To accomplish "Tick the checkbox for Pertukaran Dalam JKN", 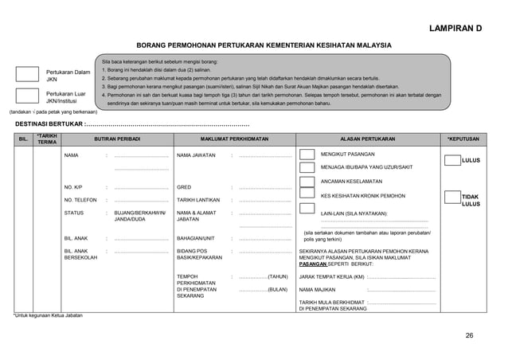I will click(x=27, y=75).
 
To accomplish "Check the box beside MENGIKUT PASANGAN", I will click(x=307, y=154).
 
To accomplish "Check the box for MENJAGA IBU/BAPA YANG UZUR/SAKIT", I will click(x=307, y=167).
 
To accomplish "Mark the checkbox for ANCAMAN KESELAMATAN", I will click(x=307, y=183).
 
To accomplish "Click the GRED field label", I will click(x=183, y=188).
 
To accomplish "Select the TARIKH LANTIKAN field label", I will click(x=197, y=201).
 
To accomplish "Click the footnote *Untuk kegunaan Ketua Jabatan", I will click(x=51, y=315).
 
